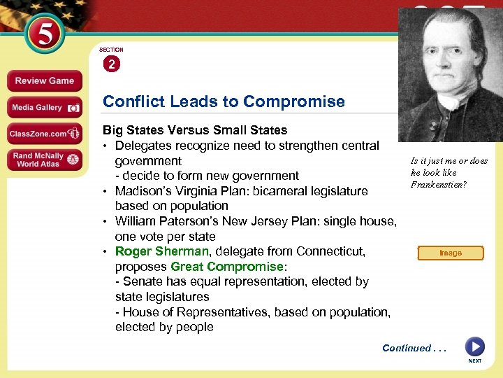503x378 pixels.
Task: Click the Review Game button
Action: click(x=44, y=80)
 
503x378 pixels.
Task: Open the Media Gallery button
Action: click(x=44, y=108)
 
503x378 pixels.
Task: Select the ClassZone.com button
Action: click(x=44, y=134)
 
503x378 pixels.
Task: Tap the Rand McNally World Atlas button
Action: click(x=44, y=160)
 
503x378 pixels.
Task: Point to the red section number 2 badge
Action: click(x=111, y=64)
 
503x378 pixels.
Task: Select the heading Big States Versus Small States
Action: click(x=195, y=130)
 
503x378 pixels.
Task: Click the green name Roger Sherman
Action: click(x=161, y=251)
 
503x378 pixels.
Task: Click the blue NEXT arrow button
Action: click(x=474, y=346)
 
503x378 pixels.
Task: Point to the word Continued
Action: click(x=407, y=348)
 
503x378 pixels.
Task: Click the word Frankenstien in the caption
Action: click(x=438, y=185)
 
